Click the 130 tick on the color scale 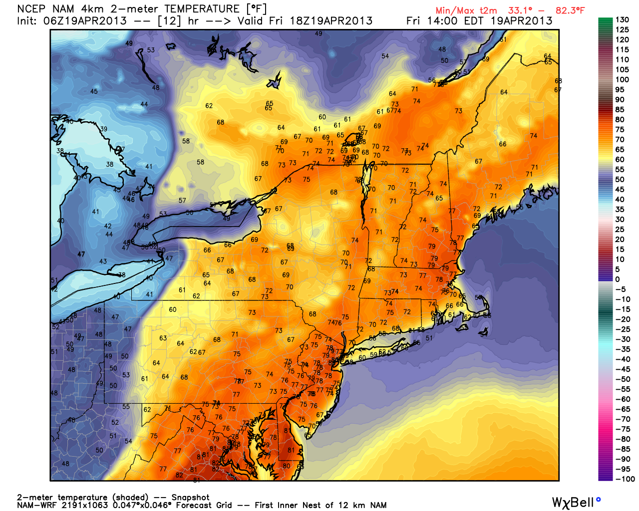pos(622,19)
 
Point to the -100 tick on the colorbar pos(625,479)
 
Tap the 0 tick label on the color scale pos(618,279)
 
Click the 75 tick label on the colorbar pos(620,130)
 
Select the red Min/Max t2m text pos(466,10)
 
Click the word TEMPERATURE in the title pos(202,9)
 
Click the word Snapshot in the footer pos(190,498)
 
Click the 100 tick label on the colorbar pos(622,80)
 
